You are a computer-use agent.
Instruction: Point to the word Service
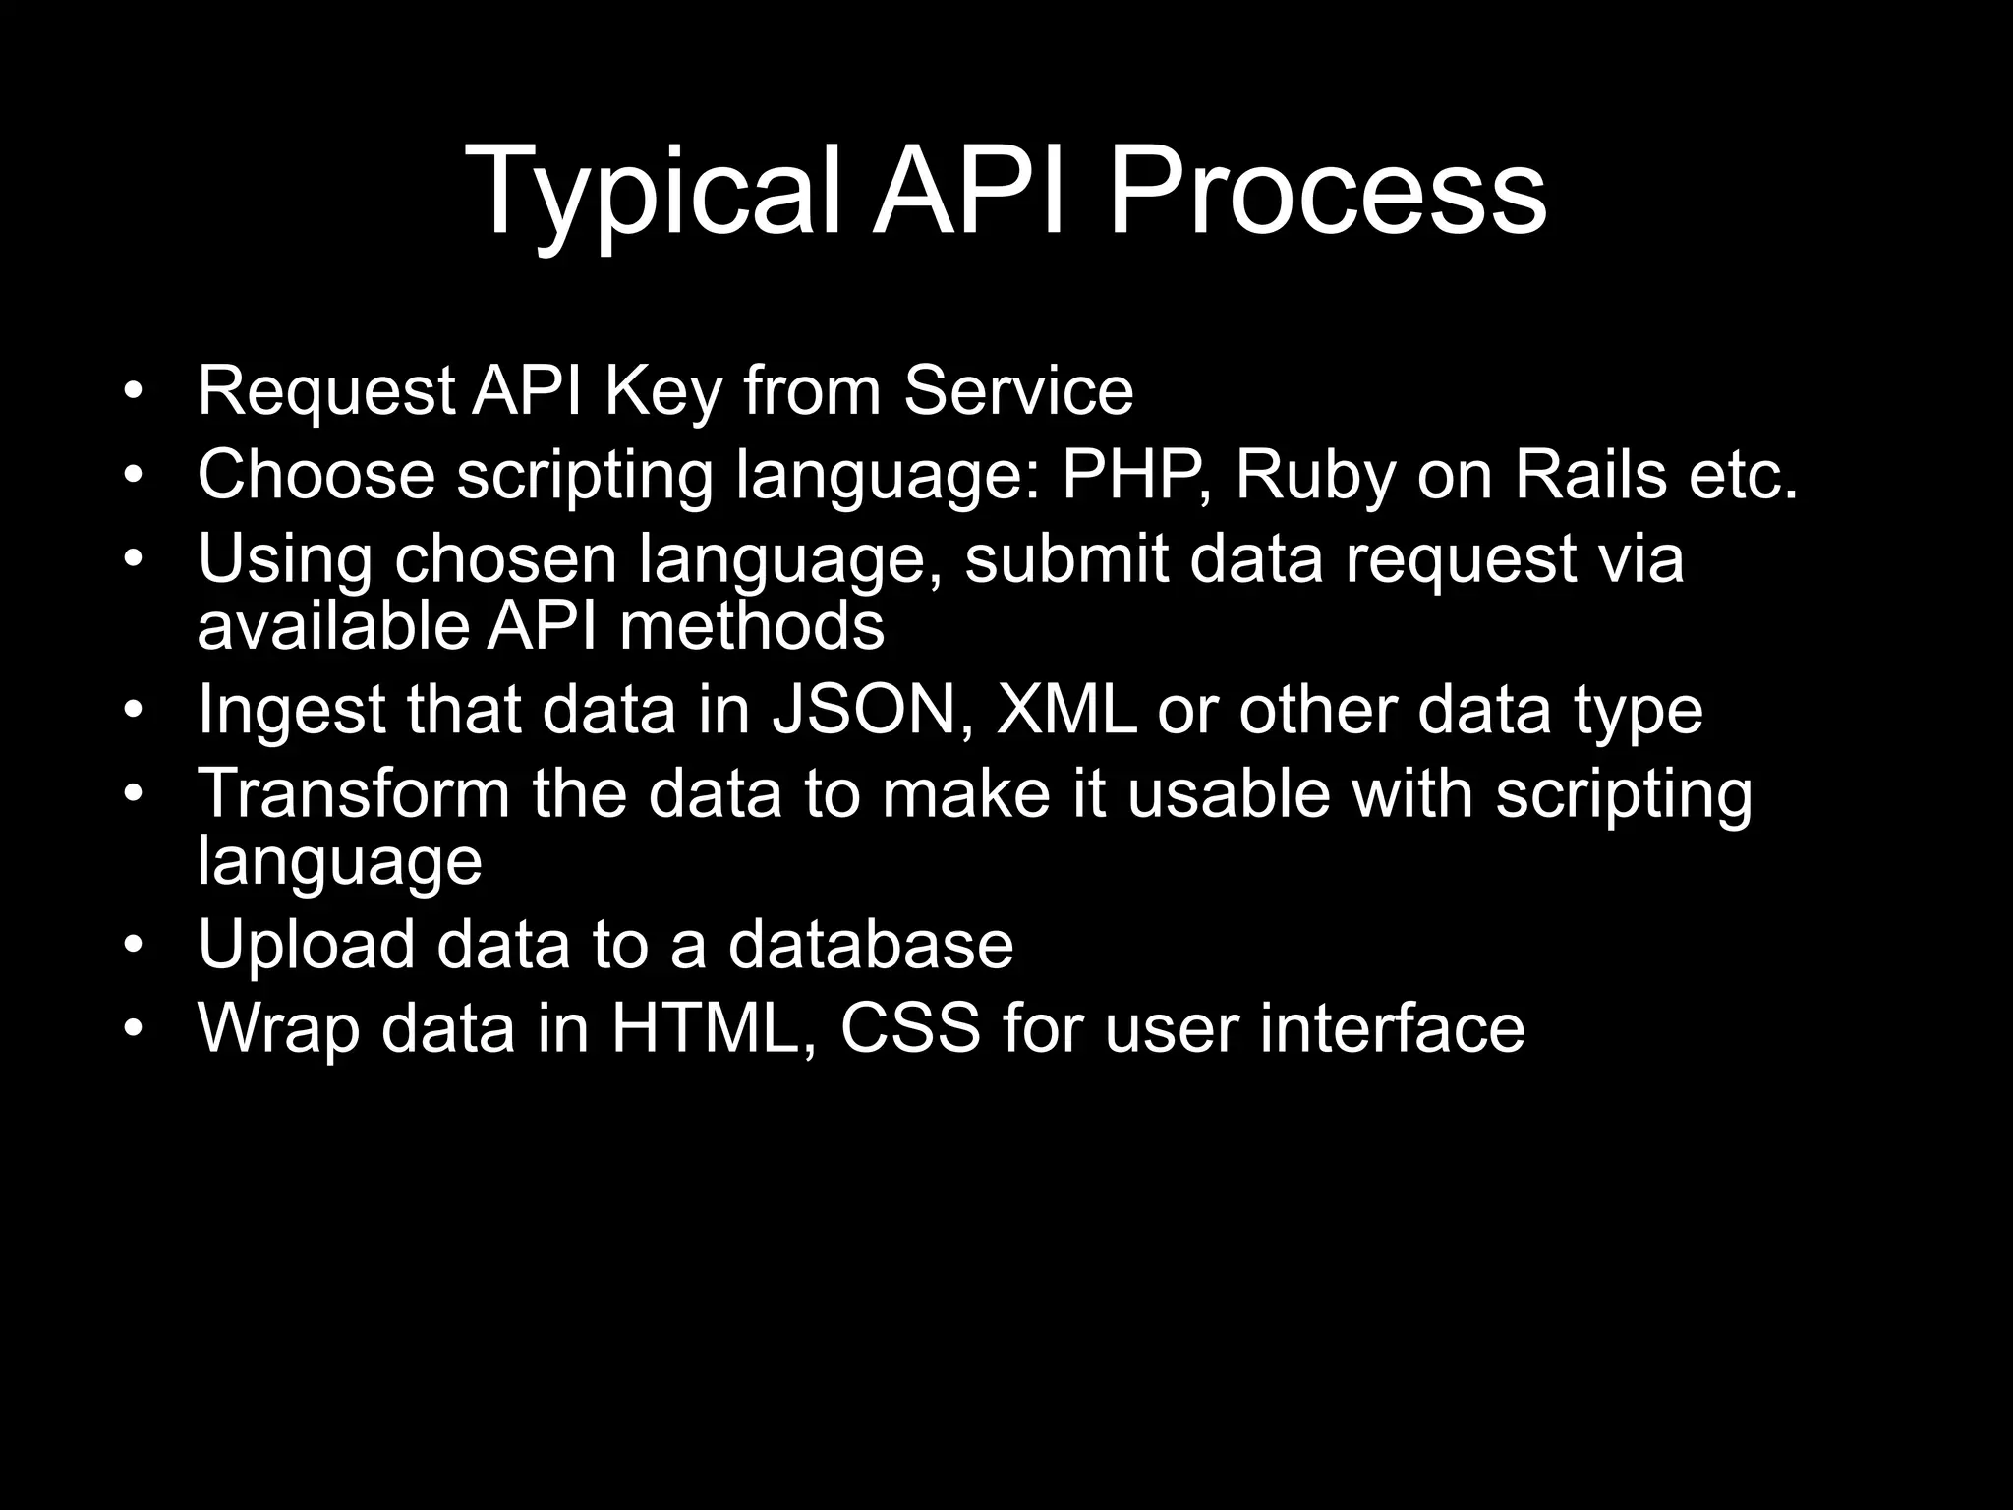[1018, 391]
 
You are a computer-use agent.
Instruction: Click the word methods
[752, 626]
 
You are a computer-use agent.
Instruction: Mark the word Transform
[354, 793]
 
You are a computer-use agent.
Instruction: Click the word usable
[1229, 793]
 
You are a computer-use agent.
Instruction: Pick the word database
[870, 945]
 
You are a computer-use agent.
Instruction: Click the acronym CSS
[910, 1028]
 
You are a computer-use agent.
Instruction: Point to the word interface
[1392, 1028]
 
